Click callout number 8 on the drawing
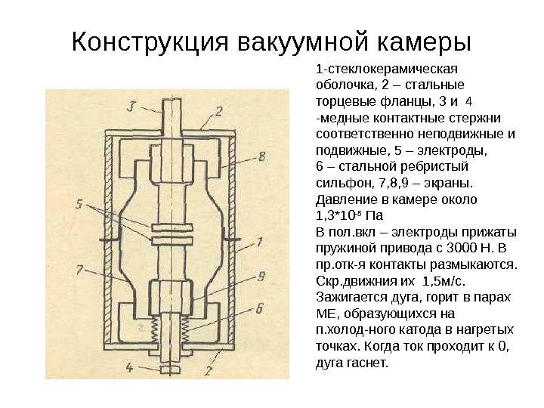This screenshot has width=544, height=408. click(261, 157)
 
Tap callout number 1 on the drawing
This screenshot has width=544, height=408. click(259, 243)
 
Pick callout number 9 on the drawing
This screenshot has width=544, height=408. click(260, 275)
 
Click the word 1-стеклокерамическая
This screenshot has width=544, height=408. click(366, 68)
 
